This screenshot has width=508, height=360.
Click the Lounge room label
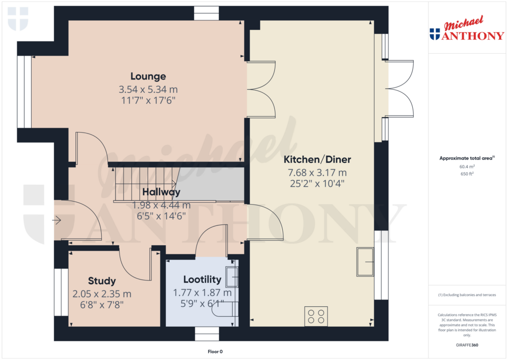(148, 76)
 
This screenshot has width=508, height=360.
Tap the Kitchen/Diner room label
(317, 160)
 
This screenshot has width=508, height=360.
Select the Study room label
(102, 281)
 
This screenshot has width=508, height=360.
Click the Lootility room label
(198, 279)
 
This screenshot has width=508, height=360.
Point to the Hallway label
(161, 192)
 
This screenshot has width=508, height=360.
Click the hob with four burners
(316, 317)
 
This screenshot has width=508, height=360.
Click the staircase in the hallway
(146, 184)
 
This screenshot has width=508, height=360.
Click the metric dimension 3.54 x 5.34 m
(148, 90)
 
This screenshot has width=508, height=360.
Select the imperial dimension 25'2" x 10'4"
(317, 183)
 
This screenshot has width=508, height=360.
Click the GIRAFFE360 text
(467, 345)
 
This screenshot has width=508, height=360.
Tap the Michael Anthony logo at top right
(467, 30)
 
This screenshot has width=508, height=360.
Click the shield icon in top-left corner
(18, 19)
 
